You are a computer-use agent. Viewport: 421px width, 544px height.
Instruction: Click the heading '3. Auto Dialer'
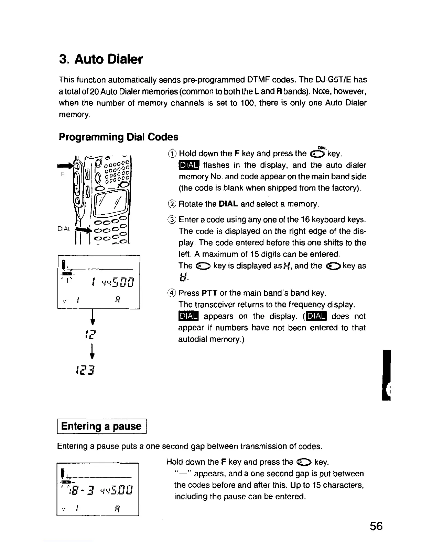click(x=100, y=59)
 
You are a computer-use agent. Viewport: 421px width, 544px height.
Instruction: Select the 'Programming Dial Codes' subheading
click(x=118, y=137)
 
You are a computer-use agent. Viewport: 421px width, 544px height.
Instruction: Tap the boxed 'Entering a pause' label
click(x=101, y=427)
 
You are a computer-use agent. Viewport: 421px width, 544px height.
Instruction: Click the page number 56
click(x=376, y=526)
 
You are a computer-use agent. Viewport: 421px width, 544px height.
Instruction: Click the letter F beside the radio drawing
click(x=62, y=174)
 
